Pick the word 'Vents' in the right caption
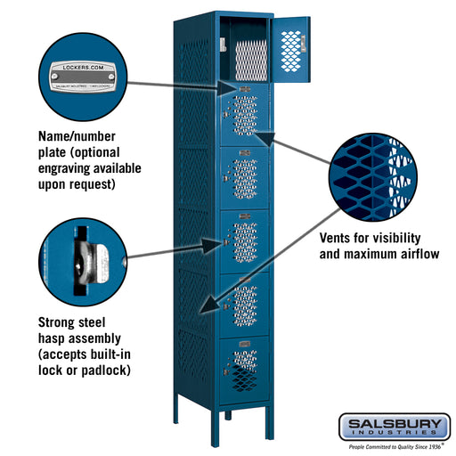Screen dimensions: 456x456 tap(340, 238)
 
